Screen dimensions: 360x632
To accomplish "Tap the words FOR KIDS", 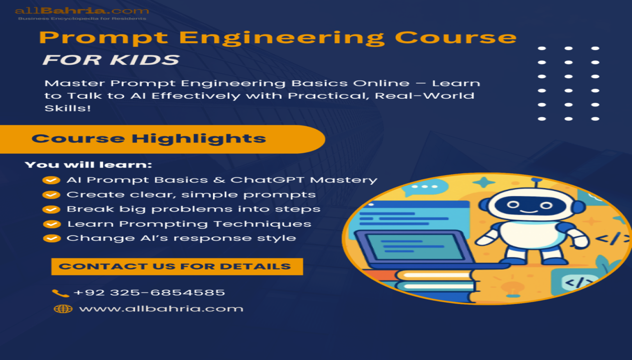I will click(x=111, y=60).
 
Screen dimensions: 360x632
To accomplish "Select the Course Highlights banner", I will click(x=149, y=139).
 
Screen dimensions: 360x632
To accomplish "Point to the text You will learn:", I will click(x=88, y=165).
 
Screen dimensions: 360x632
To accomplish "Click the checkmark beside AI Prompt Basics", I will click(x=51, y=180).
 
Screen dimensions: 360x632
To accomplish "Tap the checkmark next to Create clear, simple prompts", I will click(x=51, y=195).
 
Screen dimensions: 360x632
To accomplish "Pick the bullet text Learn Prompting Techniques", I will click(x=189, y=224).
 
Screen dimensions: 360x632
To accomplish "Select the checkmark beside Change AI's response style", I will click(x=51, y=238).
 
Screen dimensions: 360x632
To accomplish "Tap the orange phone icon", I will click(x=60, y=293).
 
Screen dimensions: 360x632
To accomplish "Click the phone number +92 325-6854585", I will click(x=149, y=293).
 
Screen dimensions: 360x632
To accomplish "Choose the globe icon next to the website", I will click(x=63, y=309).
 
